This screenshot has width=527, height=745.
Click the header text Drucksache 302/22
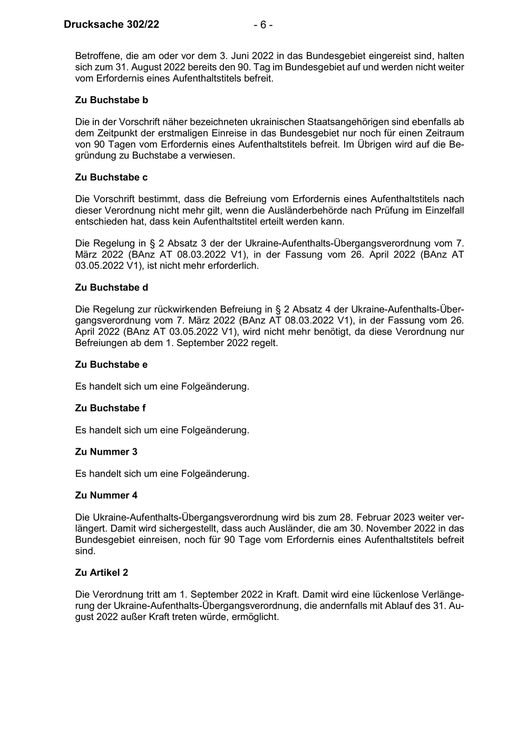(x=111, y=25)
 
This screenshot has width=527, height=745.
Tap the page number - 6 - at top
(x=263, y=25)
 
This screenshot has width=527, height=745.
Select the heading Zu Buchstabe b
(x=111, y=100)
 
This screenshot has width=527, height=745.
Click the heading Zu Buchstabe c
(x=111, y=177)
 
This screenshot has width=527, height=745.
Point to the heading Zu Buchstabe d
(x=111, y=287)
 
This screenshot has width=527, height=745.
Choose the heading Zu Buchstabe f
(x=110, y=408)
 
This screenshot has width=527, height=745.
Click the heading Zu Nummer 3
(x=106, y=452)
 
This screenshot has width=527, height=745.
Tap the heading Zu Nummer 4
(x=106, y=495)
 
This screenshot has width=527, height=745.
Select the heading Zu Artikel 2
(x=102, y=572)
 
